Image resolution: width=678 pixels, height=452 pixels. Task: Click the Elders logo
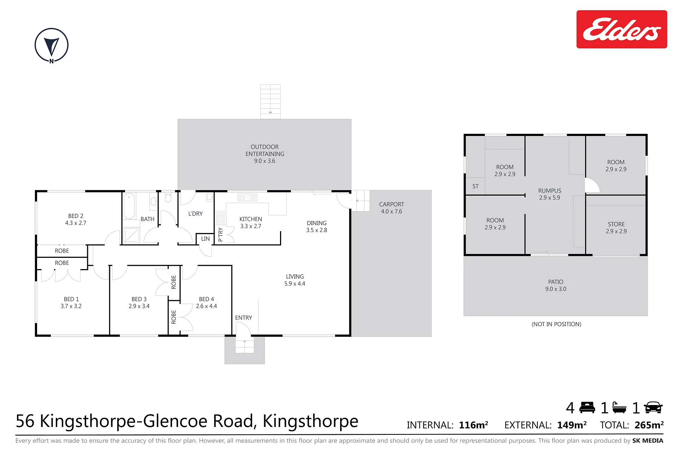coord(621,29)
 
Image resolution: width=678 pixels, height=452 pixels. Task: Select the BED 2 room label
coord(76,216)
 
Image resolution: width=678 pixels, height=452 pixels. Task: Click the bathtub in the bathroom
coord(129,206)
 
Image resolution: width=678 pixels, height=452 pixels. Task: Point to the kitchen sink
coord(247,197)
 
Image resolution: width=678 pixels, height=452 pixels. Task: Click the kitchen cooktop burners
coord(221,218)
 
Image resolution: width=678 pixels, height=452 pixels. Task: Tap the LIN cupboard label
coord(206,239)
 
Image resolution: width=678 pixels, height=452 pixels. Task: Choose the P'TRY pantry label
coord(221,234)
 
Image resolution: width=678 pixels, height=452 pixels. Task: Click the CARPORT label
coord(391,204)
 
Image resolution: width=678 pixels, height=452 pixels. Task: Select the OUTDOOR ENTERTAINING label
coord(265,150)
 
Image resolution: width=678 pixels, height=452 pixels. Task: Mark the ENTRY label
coord(244,318)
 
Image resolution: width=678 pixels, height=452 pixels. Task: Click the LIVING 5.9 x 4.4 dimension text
coord(295,284)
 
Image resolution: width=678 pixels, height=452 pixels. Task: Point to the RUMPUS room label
coord(550,191)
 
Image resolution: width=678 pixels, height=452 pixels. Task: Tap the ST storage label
coord(476,186)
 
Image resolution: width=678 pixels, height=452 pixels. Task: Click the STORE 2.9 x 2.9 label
coord(616,228)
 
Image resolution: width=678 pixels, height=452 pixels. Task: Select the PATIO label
coord(556,282)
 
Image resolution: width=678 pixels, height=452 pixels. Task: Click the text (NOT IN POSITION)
coord(557,324)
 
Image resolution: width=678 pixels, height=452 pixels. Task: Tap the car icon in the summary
coord(653,408)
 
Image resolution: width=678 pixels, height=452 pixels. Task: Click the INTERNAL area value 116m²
coord(474,425)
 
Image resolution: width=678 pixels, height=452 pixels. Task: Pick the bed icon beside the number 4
coord(587,408)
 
